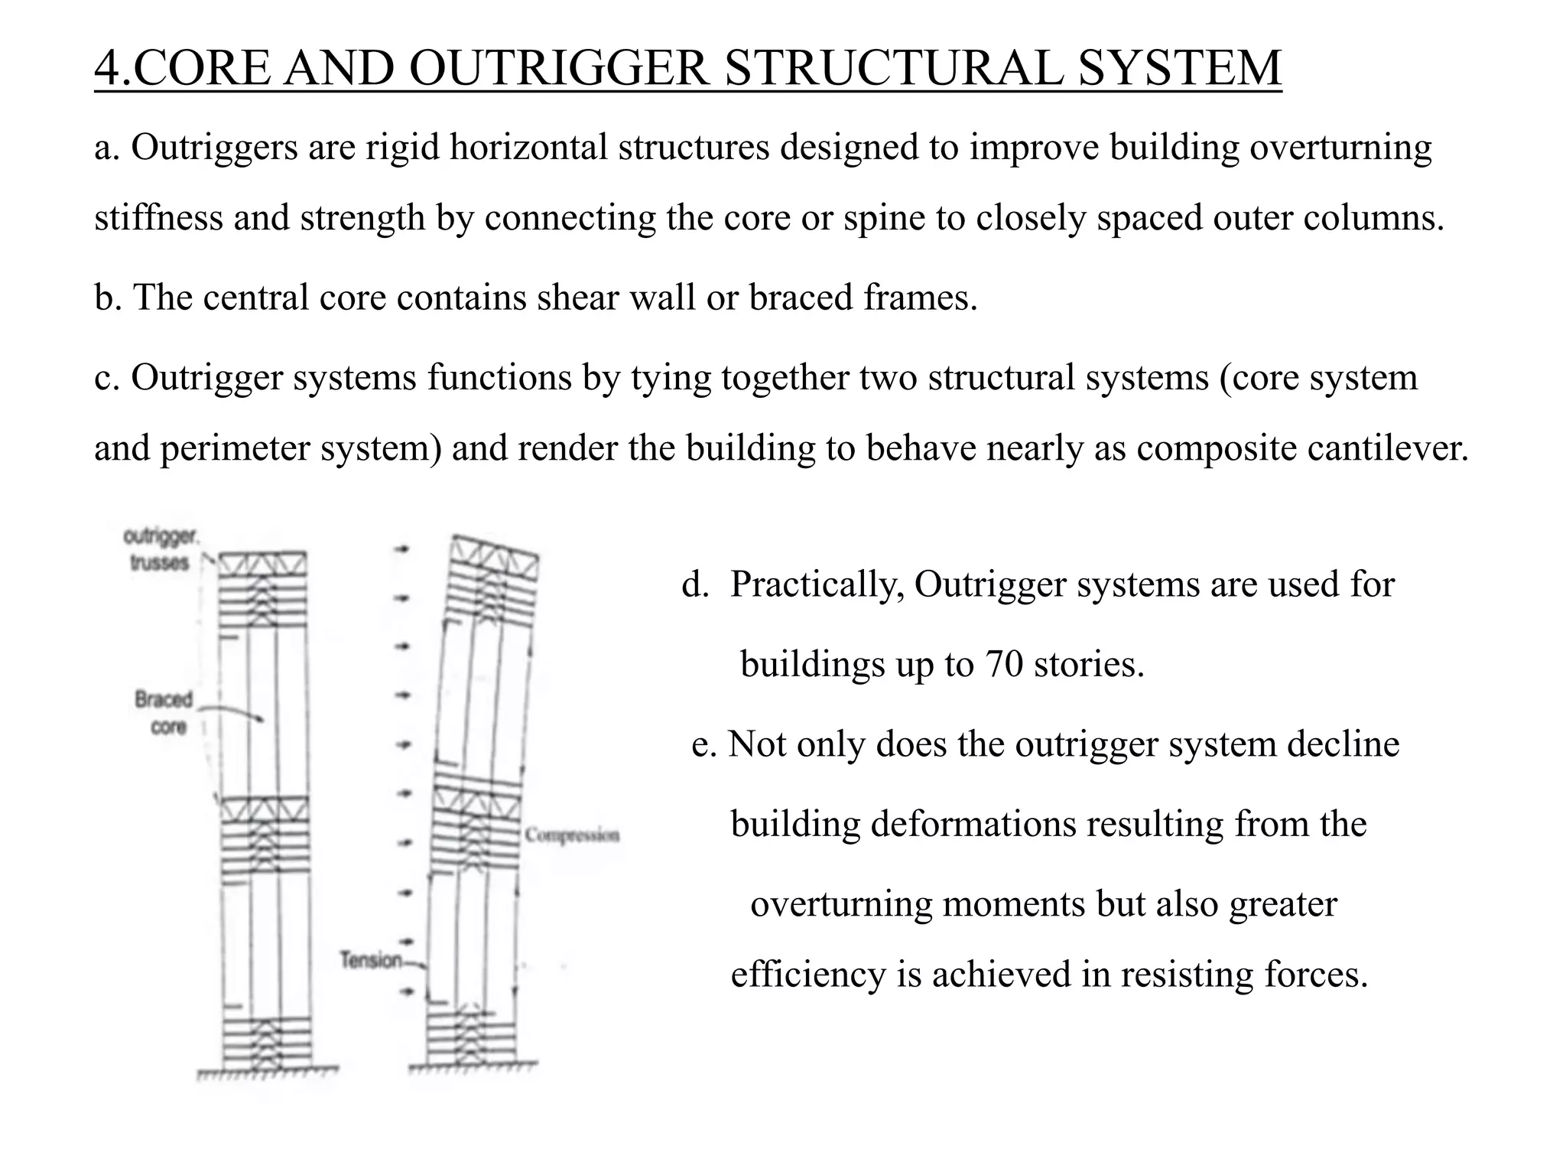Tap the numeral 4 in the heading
108,67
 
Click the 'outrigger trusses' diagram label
160,550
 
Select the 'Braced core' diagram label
165,712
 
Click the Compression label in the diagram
572,835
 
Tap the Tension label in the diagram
371,960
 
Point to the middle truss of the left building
265,809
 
